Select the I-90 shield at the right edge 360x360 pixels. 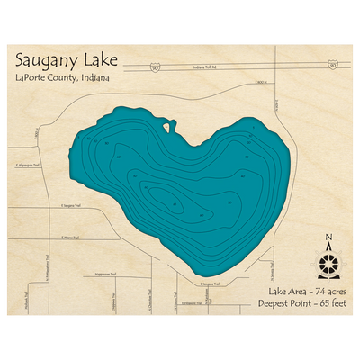[333, 65]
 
